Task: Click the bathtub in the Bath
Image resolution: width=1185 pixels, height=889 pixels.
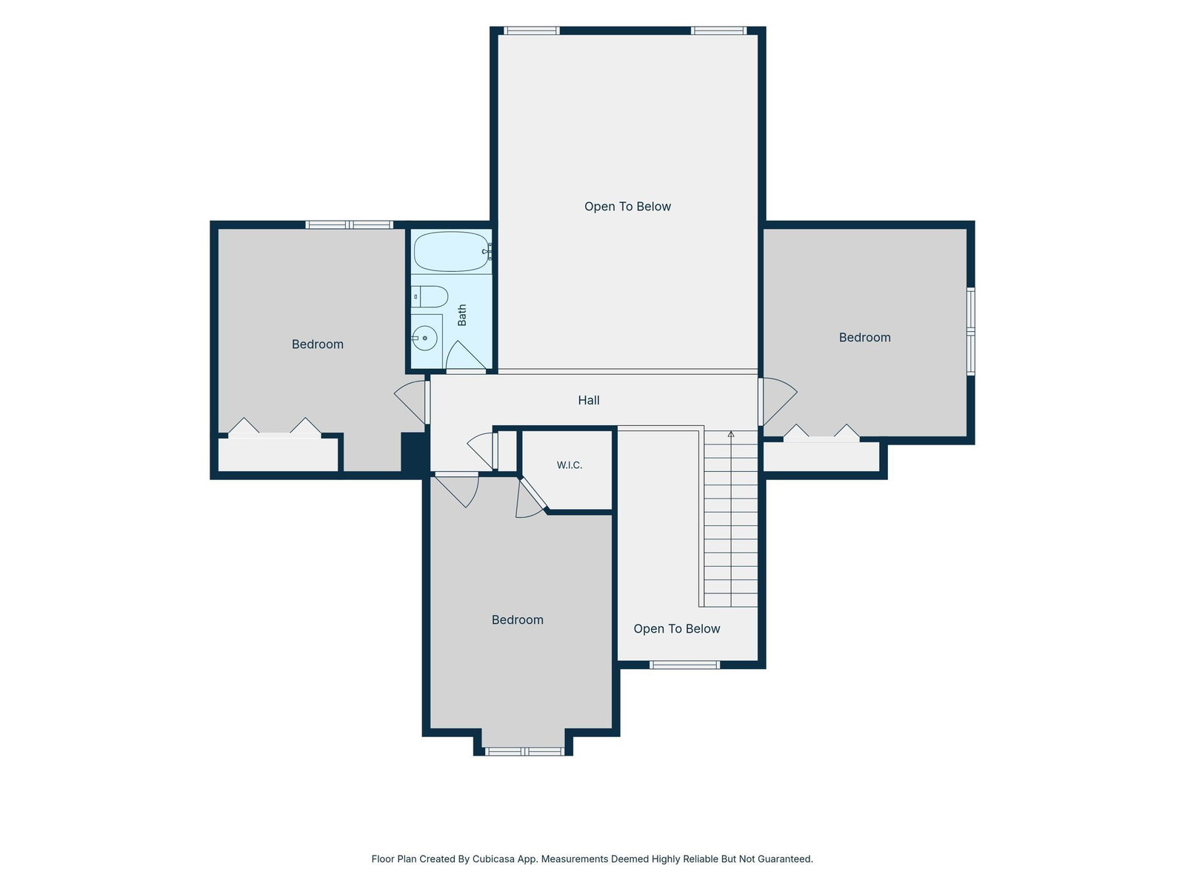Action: pos(450,252)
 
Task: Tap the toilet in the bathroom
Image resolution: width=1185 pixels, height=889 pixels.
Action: pos(429,297)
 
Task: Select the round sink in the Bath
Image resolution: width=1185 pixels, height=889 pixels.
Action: pos(425,338)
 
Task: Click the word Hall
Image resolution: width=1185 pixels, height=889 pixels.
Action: pos(589,400)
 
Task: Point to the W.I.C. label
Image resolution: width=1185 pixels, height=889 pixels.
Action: pos(570,465)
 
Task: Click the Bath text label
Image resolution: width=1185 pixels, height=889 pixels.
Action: pos(462,316)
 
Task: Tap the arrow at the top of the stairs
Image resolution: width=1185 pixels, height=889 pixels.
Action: pos(731,434)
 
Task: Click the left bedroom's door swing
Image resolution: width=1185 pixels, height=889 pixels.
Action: pos(410,402)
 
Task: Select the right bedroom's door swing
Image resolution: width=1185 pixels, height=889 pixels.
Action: pos(778,401)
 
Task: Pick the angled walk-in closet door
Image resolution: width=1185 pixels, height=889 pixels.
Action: pos(532,498)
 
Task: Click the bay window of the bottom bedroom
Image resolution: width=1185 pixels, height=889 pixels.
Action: pos(524,751)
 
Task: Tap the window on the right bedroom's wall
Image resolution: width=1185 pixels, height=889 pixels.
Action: pos(970,331)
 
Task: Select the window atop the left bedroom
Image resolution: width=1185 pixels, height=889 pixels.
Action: pos(349,224)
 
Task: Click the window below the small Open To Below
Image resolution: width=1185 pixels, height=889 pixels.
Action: pos(684,665)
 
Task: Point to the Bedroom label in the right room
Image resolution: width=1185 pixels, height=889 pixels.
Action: pos(864,337)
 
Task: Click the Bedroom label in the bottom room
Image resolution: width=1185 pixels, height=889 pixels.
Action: pos(517,619)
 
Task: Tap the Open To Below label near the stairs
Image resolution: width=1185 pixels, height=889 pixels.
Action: pos(676,628)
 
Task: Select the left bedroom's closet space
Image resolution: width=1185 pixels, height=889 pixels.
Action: pos(278,454)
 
